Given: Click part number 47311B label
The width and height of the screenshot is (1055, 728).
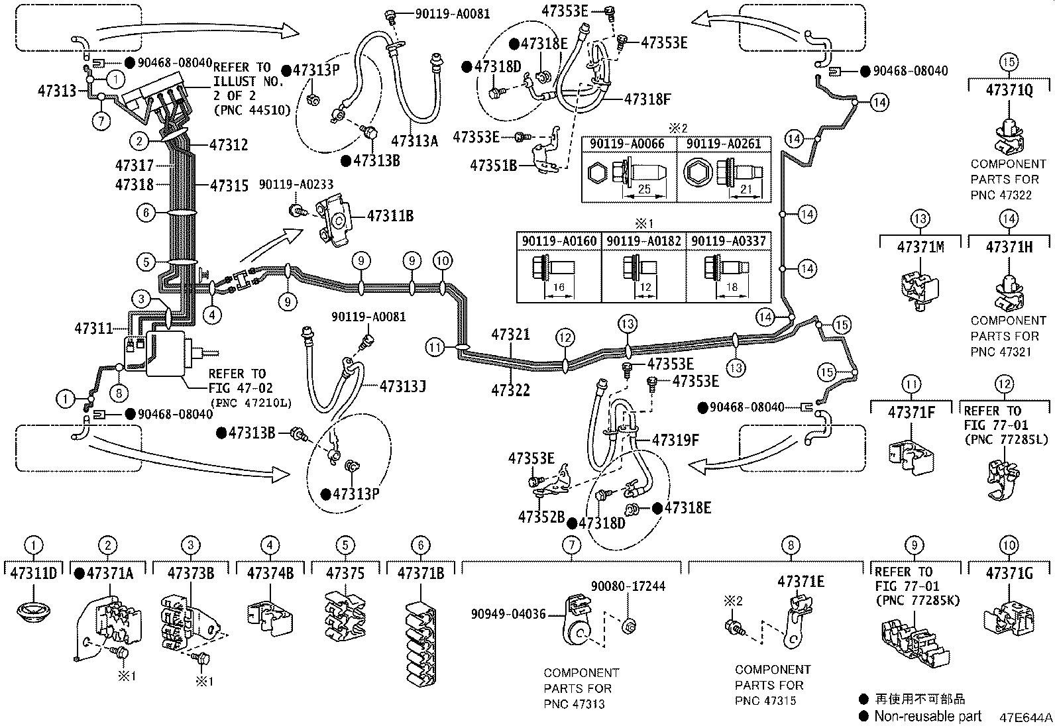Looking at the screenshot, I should [390, 215].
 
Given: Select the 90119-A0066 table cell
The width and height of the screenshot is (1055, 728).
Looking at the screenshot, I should [628, 144].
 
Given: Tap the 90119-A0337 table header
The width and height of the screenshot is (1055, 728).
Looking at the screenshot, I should [728, 241].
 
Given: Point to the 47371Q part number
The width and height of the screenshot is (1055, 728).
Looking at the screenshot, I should [1009, 90].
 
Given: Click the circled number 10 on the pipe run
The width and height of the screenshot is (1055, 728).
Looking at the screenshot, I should [443, 260].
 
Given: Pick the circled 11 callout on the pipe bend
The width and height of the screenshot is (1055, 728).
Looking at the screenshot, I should [435, 346].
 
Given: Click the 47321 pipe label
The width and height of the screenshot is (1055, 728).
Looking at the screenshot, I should [510, 335].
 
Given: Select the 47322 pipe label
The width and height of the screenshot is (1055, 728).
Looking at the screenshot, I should [510, 390].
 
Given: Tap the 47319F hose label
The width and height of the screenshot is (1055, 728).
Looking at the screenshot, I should [676, 440].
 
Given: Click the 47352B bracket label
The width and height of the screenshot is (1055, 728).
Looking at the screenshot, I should [541, 517].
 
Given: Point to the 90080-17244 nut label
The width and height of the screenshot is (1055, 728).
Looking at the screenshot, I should [628, 586].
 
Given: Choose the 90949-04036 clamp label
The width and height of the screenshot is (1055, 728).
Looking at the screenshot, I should [508, 614].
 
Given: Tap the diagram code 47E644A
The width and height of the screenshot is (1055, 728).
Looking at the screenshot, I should [1025, 717].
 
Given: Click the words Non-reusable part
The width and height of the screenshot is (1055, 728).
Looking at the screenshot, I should [927, 716].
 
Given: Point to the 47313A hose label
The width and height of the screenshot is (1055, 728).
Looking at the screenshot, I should [414, 140].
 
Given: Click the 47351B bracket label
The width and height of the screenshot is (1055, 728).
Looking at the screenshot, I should [493, 166].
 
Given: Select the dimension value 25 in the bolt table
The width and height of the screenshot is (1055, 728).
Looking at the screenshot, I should [643, 189].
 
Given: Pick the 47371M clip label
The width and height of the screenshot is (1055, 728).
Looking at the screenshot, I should [920, 247].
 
